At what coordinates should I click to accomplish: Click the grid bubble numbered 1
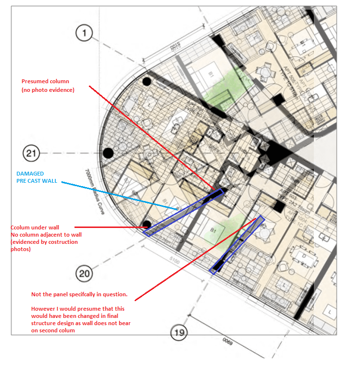click(x=85, y=33)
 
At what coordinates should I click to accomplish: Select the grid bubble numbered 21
click(x=32, y=154)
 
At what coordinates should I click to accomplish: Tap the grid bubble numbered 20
click(x=85, y=274)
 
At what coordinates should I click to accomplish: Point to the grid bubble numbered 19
click(x=179, y=332)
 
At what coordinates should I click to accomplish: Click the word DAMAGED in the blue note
click(x=30, y=173)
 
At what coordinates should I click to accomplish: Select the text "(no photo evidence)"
click(x=48, y=89)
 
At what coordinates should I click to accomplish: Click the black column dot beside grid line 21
click(x=108, y=153)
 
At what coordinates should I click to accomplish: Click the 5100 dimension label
click(x=175, y=263)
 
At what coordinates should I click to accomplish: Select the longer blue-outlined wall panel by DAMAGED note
click(x=183, y=213)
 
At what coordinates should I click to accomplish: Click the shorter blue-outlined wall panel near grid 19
click(x=237, y=245)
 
